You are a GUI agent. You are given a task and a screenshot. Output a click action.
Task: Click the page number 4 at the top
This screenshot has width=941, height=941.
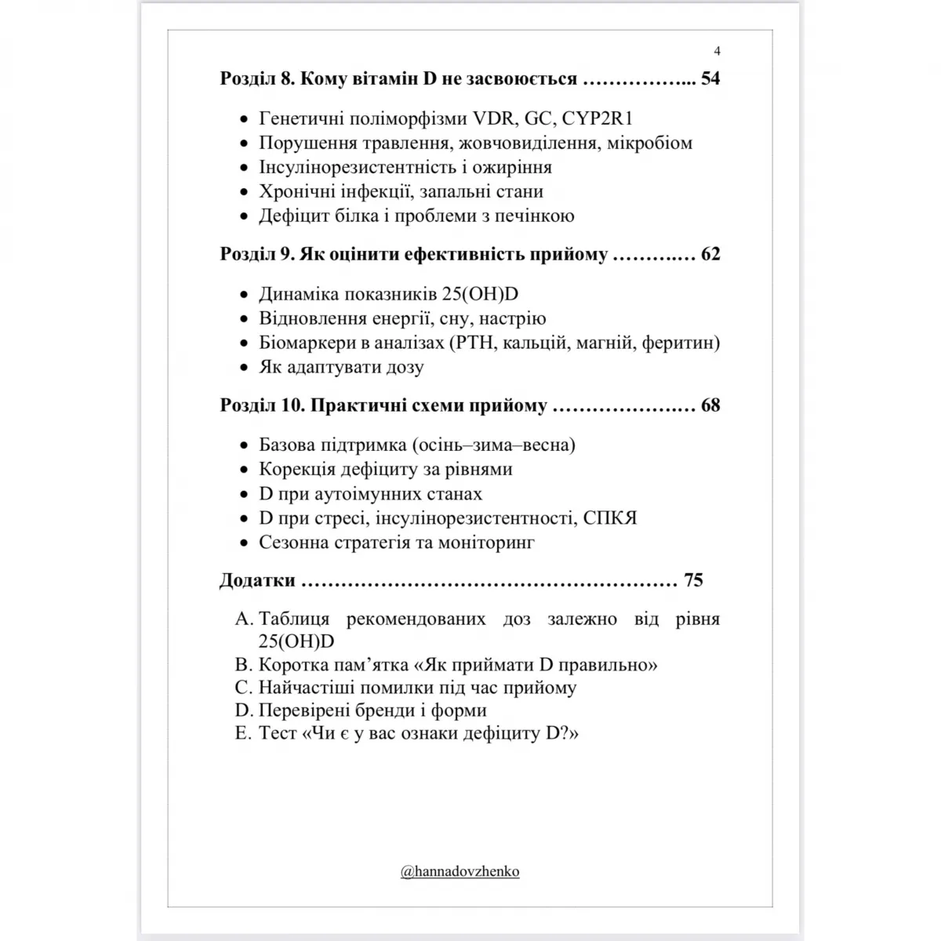717,52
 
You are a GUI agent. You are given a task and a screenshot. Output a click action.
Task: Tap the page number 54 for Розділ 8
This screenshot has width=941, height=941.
710,78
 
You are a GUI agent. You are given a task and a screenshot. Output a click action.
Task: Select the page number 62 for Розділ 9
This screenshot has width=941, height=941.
710,255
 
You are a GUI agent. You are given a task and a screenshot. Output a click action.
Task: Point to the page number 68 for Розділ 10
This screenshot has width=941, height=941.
710,405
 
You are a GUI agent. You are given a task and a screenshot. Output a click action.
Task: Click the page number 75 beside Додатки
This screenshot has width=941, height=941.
693,580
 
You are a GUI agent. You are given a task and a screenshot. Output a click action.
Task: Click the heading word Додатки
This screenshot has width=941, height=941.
258,580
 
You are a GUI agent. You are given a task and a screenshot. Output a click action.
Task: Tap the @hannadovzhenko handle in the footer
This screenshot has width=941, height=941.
460,871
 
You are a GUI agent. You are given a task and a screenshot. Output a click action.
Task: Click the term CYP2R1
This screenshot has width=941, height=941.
598,119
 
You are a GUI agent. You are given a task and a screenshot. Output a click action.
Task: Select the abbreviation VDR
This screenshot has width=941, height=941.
492,119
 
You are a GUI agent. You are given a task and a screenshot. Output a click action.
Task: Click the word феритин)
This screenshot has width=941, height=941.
681,343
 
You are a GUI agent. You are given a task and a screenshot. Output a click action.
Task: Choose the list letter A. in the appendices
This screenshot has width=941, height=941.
244,619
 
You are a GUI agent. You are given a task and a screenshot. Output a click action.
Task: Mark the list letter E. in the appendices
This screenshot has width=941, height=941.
244,733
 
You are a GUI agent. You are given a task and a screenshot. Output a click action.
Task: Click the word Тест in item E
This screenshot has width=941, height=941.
278,733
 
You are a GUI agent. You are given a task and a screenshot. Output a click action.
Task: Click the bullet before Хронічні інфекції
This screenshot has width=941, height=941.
243,193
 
